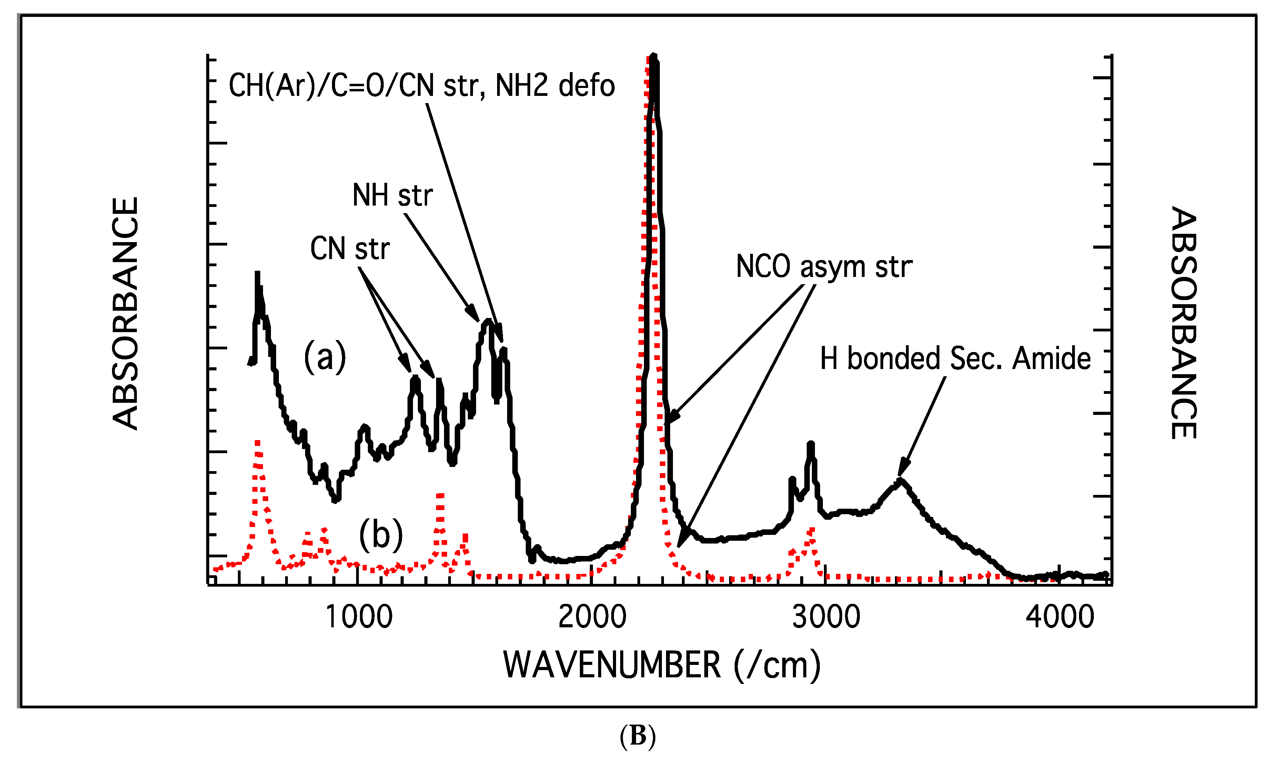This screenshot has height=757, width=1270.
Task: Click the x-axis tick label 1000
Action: (359, 617)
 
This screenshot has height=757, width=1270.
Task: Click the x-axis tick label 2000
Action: (592, 617)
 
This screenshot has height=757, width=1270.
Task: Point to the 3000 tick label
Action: (826, 617)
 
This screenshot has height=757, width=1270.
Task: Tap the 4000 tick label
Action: (1060, 617)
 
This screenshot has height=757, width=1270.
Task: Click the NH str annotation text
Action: (393, 195)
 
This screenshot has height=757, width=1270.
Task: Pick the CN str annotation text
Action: (350, 249)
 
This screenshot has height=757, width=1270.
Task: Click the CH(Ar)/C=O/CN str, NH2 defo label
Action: (422, 85)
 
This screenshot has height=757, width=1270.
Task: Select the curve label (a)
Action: (325, 357)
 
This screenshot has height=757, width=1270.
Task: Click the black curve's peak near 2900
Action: (810, 445)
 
